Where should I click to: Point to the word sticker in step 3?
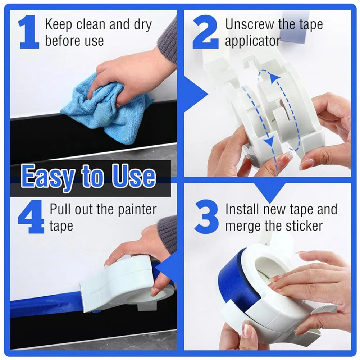tap(304, 226)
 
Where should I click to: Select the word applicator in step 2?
tap(252, 41)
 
